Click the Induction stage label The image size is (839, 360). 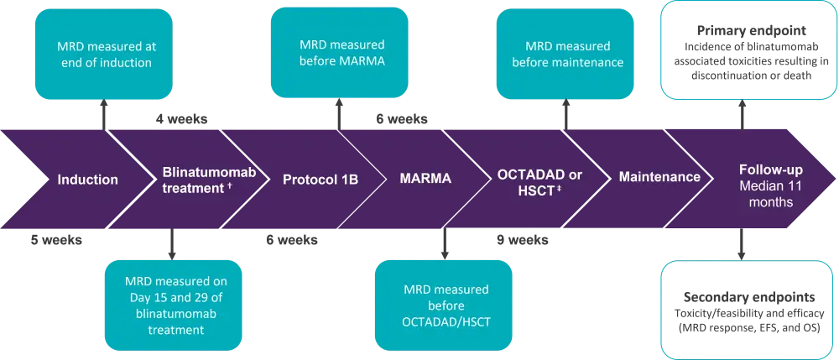coord(87,180)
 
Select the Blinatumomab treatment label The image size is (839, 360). coord(208,180)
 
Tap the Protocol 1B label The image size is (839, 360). coord(320,179)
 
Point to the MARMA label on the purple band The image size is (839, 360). coord(425,178)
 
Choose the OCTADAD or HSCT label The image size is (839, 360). coord(539,182)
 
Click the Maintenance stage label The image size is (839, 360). coord(659,177)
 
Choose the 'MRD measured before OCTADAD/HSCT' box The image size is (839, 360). coord(444,305)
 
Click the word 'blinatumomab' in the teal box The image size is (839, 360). coord(171,317)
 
